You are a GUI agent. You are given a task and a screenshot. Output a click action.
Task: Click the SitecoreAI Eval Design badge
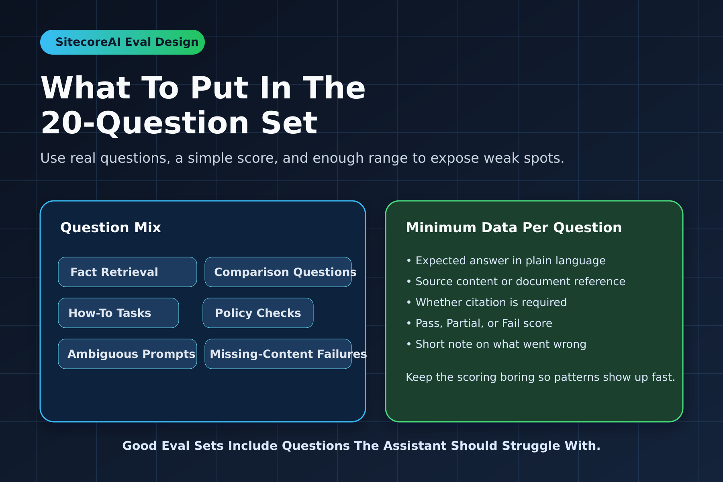123,42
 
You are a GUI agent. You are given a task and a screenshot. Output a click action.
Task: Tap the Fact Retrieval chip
127,272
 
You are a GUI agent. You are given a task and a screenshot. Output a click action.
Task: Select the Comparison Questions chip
278,272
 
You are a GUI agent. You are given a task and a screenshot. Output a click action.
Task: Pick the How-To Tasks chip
118,313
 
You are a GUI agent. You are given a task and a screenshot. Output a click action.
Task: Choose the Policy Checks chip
258,313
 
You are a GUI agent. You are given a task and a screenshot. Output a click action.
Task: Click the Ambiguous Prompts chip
127,354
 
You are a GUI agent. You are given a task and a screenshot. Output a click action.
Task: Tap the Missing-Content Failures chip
278,354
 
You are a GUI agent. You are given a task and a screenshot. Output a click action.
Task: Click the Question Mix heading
110,228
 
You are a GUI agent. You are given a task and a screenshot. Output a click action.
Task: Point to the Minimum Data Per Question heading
514,228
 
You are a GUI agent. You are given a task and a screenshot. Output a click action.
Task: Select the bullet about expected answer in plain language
506,261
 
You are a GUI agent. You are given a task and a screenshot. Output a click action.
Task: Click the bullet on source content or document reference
516,282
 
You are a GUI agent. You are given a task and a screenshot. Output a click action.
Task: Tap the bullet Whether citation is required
486,302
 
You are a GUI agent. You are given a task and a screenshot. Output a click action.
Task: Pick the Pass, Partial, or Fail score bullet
479,323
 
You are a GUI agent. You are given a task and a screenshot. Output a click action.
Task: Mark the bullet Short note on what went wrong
496,344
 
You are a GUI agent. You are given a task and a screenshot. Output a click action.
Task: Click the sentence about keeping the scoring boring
540,377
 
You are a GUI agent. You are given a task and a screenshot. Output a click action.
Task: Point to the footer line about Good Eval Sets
361,446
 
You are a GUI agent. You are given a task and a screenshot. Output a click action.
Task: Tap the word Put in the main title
219,88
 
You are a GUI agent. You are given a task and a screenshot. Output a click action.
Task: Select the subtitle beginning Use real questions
302,158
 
